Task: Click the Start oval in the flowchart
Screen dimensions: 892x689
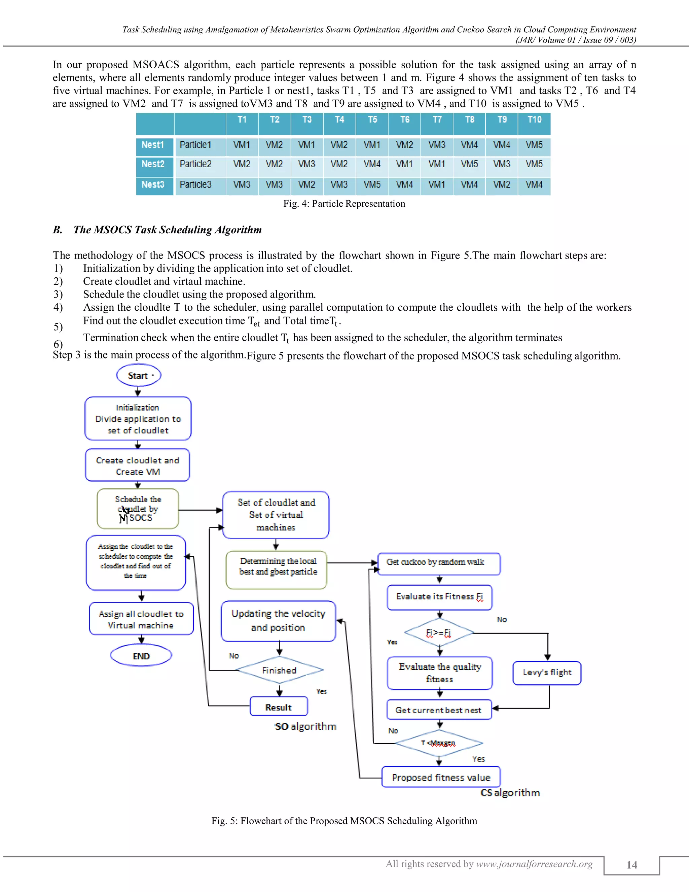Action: pos(138,375)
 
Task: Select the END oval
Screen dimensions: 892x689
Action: pos(141,656)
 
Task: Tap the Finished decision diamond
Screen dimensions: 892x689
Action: pos(279,670)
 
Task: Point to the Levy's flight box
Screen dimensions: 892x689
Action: pos(547,673)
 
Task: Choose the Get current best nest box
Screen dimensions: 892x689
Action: pos(439,710)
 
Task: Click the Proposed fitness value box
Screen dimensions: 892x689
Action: pos(441,777)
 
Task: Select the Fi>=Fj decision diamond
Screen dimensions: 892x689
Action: pos(439,633)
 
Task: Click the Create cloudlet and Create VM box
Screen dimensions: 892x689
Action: pos(138,466)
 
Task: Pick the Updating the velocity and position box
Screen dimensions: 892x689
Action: pos(278,621)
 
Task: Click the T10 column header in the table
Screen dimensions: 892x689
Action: pos(534,120)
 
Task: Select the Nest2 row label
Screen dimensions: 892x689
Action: pos(153,164)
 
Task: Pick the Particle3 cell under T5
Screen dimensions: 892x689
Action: pos(372,184)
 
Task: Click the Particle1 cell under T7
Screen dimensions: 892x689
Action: pos(437,145)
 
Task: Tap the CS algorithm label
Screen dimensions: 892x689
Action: pos(510,793)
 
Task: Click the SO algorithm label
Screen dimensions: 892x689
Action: pos(306,726)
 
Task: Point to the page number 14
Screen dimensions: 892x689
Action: pos(631,865)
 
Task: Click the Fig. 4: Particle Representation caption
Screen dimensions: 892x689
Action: pos(344,203)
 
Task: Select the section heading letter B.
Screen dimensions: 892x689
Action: pos(58,230)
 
